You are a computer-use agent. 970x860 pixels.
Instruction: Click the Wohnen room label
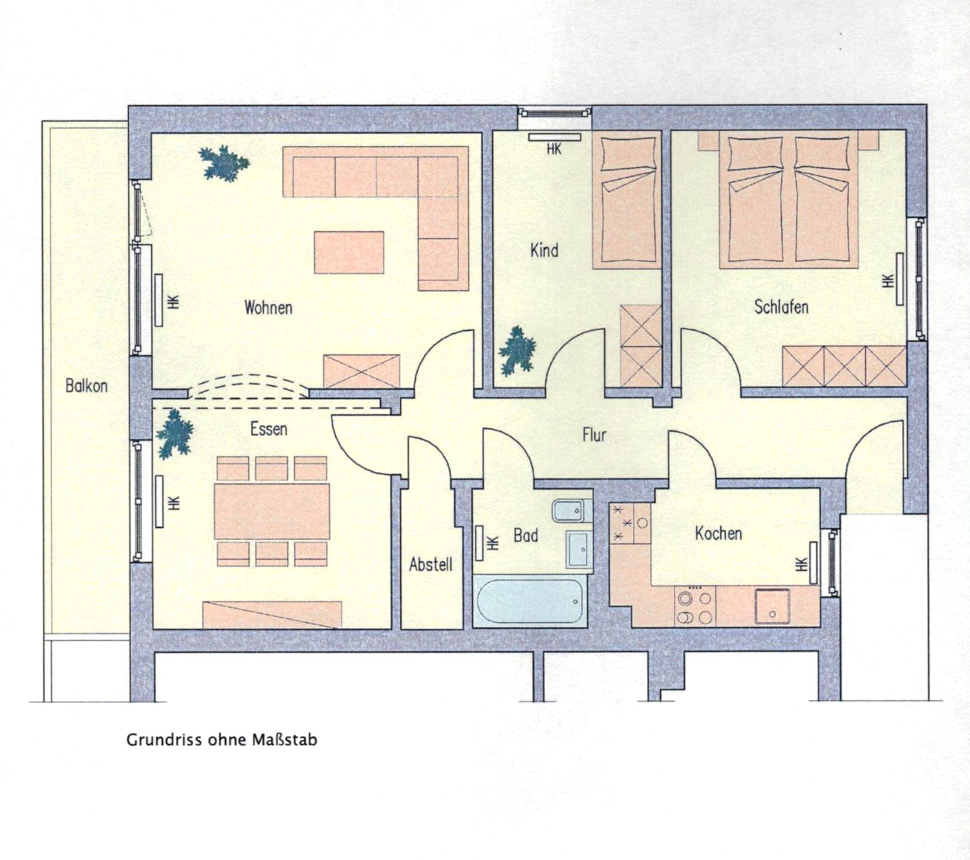[268, 307]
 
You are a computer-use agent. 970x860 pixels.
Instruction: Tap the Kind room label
[544, 250]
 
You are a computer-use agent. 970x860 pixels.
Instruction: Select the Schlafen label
[781, 307]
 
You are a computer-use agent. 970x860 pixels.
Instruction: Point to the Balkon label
[87, 386]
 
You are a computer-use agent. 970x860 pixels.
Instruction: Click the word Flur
[594, 435]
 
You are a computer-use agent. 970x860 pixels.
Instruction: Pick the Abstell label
[431, 565]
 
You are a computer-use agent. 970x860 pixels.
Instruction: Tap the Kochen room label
[718, 533]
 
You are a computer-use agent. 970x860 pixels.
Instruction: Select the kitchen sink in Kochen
[772, 607]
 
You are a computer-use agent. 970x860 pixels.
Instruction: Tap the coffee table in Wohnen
[349, 252]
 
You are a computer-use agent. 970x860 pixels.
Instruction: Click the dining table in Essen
[272, 511]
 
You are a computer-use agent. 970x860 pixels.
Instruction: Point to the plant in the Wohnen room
[224, 163]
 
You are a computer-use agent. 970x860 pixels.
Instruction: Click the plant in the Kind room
[517, 351]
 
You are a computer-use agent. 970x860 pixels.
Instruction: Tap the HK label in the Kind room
[554, 149]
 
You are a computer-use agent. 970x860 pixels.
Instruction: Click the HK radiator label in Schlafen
[888, 281]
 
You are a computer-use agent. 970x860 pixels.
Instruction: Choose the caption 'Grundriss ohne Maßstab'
[222, 740]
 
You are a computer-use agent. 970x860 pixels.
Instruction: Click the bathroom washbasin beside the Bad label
[579, 549]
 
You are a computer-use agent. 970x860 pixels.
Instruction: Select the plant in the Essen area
[175, 434]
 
